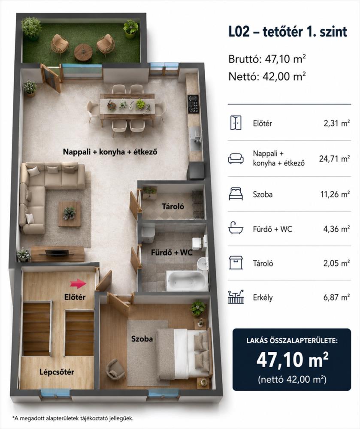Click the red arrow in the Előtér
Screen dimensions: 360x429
pyautogui.click(x=78, y=284)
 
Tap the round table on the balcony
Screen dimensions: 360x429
pyautogui.click(x=83, y=51)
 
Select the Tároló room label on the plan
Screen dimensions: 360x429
pyautogui.click(x=173, y=206)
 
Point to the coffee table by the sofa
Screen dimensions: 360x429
pyautogui.click(x=70, y=214)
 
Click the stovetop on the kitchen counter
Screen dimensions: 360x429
pyautogui.click(x=193, y=104)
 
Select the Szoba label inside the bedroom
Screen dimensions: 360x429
pyautogui.click(x=142, y=339)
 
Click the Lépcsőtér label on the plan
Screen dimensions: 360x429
pyautogui.click(x=57, y=372)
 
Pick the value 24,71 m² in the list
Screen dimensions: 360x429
pyautogui.click(x=334, y=158)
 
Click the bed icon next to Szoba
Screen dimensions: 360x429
pyautogui.click(x=236, y=194)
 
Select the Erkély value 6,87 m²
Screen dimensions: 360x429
pyautogui.click(x=336, y=297)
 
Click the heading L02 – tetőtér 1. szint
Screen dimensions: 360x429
pyautogui.click(x=288, y=32)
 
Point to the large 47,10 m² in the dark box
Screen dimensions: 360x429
pyautogui.click(x=292, y=360)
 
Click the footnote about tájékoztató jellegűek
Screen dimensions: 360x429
pyautogui.click(x=73, y=418)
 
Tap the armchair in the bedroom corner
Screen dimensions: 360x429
pyautogui.click(x=116, y=369)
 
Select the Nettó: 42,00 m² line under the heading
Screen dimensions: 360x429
pyautogui.click(x=267, y=76)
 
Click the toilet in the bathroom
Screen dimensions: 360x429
pyautogui.click(x=148, y=233)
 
